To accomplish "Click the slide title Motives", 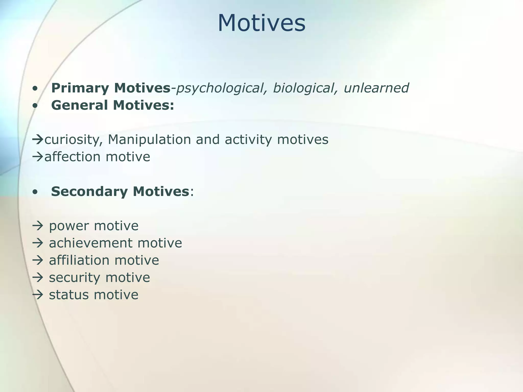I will (x=261, y=23).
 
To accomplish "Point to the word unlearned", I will (x=376, y=88).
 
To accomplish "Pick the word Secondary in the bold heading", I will (x=90, y=192).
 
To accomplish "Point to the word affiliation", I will (x=79, y=261).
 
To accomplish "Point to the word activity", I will (x=248, y=140).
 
